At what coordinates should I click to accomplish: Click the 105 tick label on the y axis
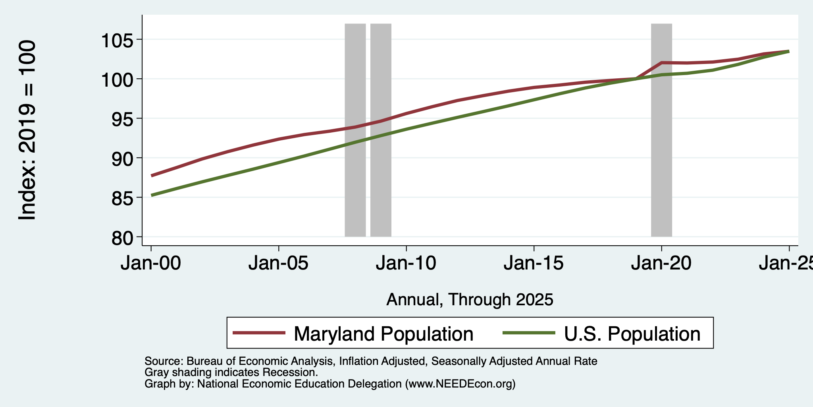pos(118,40)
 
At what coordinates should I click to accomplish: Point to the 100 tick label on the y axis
pos(118,79)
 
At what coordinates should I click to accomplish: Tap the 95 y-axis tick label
pos(123,118)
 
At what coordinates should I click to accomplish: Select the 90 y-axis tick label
pos(123,158)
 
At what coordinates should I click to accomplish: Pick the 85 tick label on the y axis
pos(123,198)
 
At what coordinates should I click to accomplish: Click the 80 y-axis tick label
pos(123,237)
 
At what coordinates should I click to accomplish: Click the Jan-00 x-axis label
pos(151,264)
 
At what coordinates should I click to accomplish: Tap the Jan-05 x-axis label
pos(279,264)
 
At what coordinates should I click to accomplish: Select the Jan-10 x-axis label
pos(406,264)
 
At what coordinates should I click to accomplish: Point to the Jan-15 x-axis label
pos(534,264)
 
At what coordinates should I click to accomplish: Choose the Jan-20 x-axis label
pos(661,264)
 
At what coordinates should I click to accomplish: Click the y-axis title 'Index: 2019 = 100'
pos(27,130)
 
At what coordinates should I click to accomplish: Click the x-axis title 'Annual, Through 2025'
pos(470,300)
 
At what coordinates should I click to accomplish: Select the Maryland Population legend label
pos(383,334)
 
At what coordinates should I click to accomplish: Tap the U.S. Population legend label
pos(632,334)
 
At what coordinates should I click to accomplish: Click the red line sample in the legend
pos(259,333)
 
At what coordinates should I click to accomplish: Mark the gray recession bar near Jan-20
pos(661,130)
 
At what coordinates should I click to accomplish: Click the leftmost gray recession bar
pos(355,130)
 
